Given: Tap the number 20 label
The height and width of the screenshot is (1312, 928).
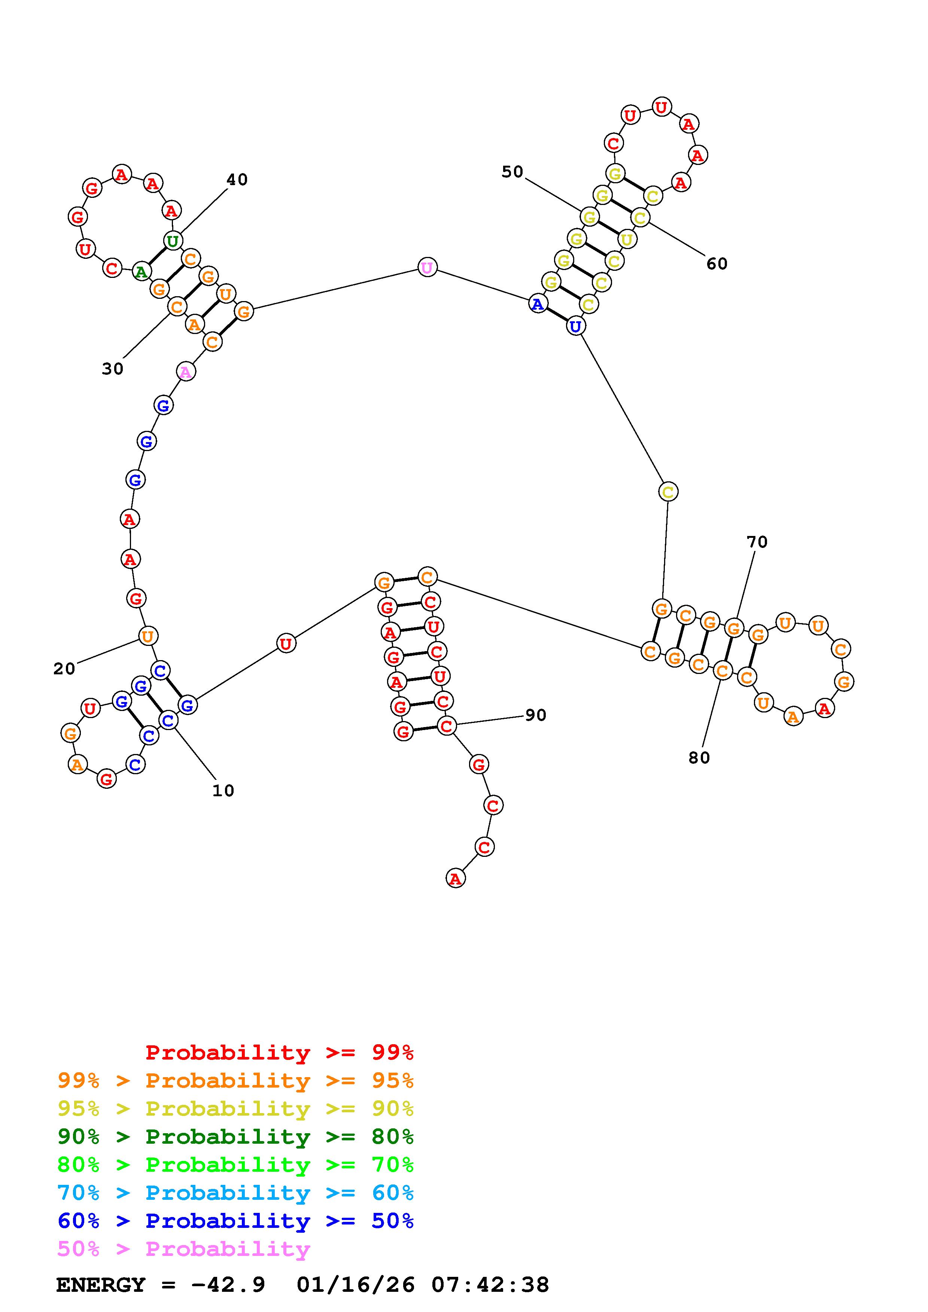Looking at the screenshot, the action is coord(64,669).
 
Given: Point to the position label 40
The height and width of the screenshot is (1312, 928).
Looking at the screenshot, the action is coord(237,180).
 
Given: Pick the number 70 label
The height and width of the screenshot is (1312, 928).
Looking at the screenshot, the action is coord(757,541).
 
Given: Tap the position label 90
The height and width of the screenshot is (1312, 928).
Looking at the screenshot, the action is coord(536,715).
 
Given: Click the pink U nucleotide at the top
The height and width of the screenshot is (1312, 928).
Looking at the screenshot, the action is coord(427,267).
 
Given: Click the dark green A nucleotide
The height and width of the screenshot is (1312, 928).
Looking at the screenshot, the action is coord(141,272).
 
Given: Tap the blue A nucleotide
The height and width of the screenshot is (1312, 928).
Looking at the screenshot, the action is coord(538,304).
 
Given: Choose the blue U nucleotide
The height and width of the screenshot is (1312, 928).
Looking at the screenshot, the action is coord(575,326).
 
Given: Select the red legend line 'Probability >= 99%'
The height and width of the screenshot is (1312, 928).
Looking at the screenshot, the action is coord(280,1052).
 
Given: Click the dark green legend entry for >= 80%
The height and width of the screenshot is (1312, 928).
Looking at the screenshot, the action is coord(235,1137).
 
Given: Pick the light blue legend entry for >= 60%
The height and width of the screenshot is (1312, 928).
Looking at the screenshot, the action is coord(235,1193).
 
